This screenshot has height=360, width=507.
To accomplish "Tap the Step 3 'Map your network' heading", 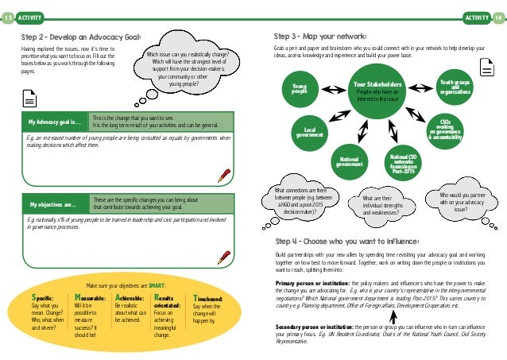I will pos(320,37).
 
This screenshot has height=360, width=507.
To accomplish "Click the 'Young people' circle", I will pos(300,90).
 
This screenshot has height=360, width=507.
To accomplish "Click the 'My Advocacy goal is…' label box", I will pos(54,122).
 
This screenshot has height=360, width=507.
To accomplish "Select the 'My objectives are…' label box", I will pos(54,203).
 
